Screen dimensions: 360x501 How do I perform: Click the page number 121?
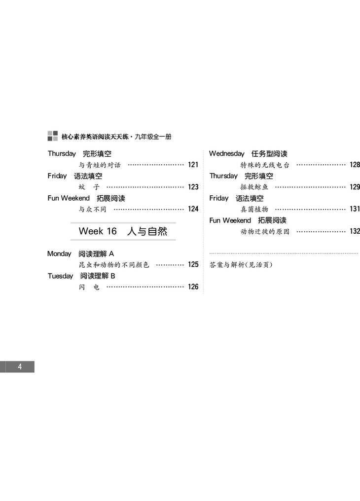[193, 165]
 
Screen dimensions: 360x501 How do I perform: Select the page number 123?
[193, 187]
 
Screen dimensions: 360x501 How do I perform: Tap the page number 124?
[193, 209]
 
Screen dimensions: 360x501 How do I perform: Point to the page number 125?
[193, 265]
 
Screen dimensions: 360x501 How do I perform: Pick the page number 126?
[193, 287]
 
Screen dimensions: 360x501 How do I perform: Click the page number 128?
[354, 165]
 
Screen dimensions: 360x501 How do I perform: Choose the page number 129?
[354, 187]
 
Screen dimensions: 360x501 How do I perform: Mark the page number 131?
[354, 209]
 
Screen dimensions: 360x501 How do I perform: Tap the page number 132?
[354, 231]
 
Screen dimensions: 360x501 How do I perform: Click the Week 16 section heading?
[123, 231]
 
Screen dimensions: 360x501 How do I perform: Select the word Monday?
[59, 254]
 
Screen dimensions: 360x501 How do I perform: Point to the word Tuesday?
[60, 276]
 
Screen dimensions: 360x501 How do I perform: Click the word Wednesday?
[226, 154]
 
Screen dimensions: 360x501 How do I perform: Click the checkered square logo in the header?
[52, 136]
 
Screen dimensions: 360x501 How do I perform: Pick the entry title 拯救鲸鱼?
[254, 187]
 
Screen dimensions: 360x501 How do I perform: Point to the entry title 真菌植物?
[254, 209]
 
